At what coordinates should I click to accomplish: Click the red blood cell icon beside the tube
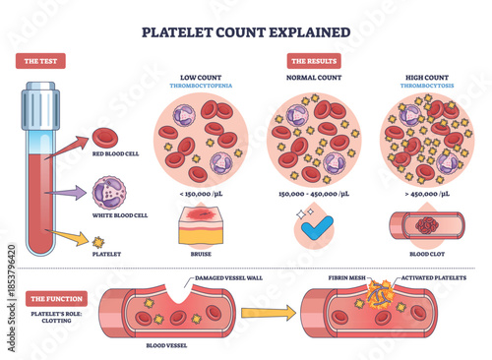coord(106,141)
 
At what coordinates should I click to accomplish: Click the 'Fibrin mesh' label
coord(345,280)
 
